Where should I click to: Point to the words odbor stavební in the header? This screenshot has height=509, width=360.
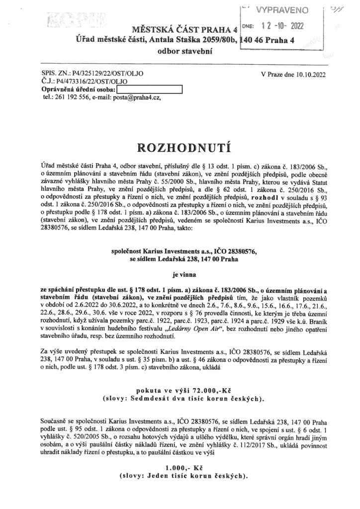click(180, 52)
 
